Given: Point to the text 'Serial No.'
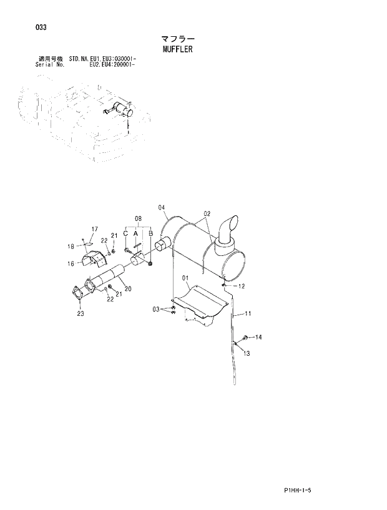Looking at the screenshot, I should (50, 64).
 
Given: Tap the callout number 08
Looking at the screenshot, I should (138, 218).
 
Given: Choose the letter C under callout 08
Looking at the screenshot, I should (125, 233).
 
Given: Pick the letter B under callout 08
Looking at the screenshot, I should (150, 233).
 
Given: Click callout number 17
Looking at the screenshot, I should (96, 229).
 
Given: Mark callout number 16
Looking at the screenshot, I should (71, 263).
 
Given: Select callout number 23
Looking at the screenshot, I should (81, 314).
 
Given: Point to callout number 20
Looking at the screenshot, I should (127, 288).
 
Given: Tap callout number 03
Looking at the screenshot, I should (156, 309).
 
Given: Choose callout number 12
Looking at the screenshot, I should (242, 286).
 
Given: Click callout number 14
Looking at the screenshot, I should (258, 337).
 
